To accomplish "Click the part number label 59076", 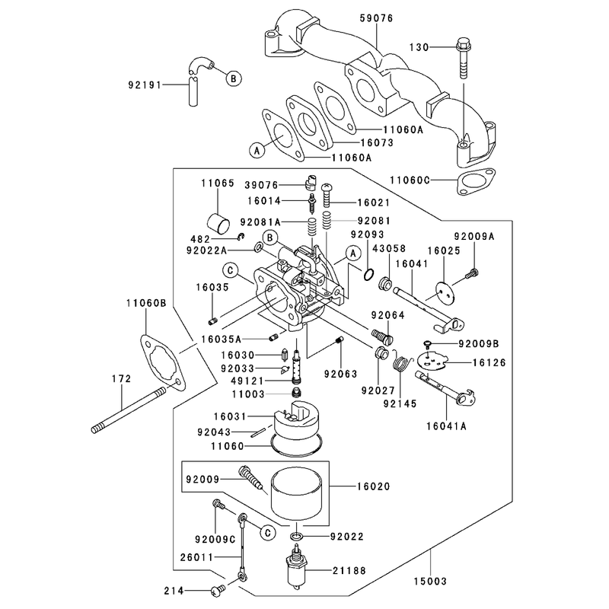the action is (376, 18).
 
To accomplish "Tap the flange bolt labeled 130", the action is (464, 58).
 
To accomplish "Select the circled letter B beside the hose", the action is (234, 78).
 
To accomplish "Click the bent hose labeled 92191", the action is (196, 81).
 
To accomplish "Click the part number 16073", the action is (377, 142).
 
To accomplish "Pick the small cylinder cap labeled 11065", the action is (218, 224).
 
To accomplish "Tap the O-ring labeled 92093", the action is (369, 275).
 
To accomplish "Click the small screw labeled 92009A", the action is (471, 274).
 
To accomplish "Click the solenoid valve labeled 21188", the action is (297, 569).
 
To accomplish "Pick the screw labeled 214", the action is (218, 591).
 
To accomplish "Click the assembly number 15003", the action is (430, 581).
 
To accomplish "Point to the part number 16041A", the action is (447, 426).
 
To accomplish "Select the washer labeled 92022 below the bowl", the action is (296, 537).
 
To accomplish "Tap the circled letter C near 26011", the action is (268, 533).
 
